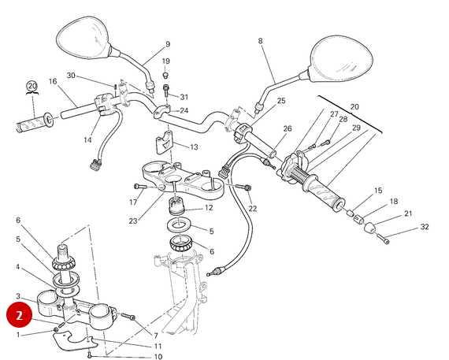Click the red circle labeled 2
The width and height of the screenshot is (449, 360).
pos(20,315)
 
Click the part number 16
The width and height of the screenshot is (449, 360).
pos(53,81)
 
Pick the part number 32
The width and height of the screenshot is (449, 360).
pos(425,227)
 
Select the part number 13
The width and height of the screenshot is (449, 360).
pos(194,147)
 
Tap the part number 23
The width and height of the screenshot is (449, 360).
pos(133,221)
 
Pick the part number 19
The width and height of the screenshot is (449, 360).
pos(165,61)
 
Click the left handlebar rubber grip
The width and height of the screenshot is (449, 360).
pos(32,124)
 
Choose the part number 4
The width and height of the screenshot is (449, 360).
pos(18,266)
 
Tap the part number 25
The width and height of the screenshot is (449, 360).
pos(281,101)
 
